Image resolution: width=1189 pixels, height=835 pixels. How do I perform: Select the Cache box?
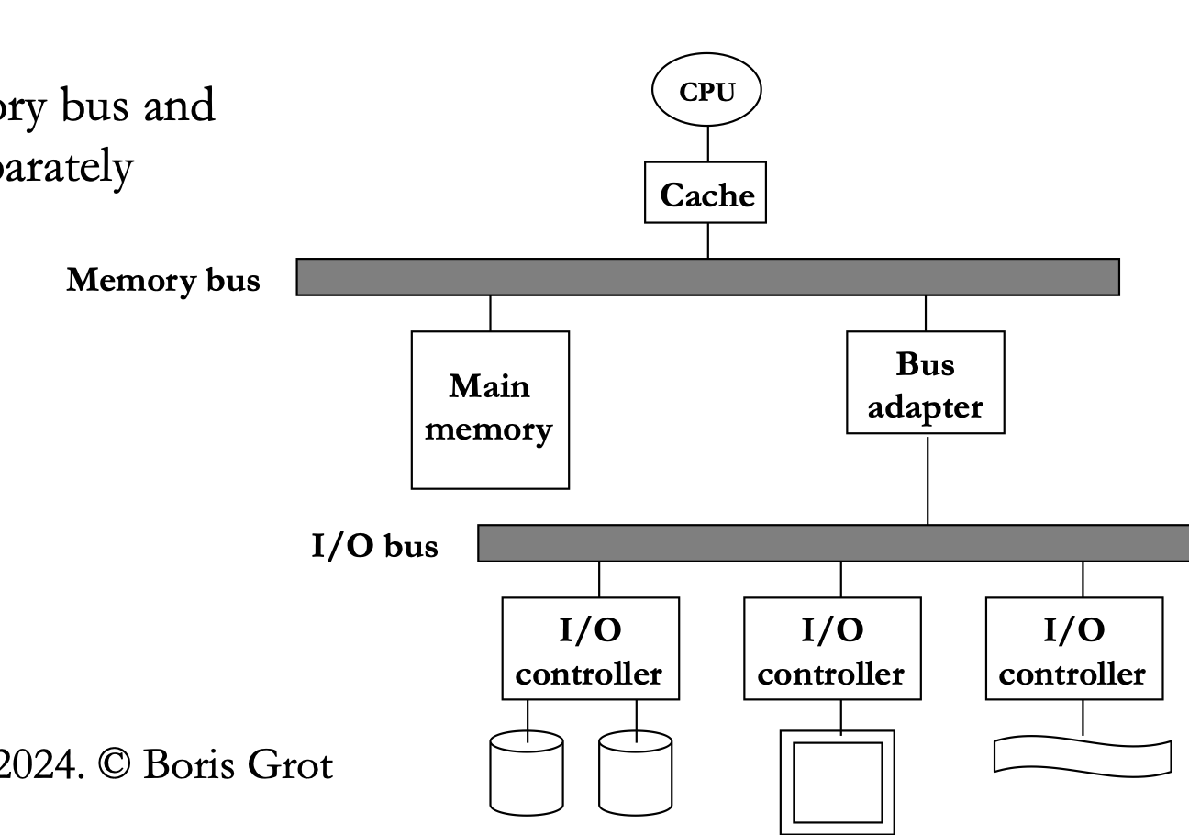[x=706, y=195]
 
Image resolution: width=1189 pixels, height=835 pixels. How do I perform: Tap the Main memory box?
[x=489, y=409]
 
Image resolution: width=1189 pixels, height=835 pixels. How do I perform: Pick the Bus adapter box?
[x=925, y=384]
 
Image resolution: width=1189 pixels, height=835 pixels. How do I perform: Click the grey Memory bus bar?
[x=707, y=277]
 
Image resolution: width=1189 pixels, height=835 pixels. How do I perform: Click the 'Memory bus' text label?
[x=162, y=281]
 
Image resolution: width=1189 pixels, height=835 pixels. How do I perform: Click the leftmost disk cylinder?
[x=526, y=772]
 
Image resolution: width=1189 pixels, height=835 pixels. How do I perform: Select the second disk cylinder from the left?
[x=635, y=772]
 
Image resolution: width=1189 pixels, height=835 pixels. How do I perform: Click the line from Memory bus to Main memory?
[x=490, y=313]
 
